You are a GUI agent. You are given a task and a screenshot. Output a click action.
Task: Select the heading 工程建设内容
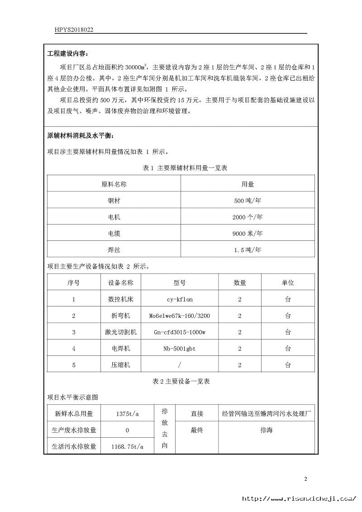[x=68, y=54]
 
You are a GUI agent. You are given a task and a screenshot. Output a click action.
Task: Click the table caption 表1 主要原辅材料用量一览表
[x=185, y=168]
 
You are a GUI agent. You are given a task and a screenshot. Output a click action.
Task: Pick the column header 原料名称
[x=114, y=184]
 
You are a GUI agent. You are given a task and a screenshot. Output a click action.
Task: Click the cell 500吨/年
[x=247, y=201]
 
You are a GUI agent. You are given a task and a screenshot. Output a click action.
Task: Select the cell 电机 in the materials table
[x=114, y=217]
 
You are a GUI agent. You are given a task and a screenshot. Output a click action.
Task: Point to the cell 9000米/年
[x=247, y=234]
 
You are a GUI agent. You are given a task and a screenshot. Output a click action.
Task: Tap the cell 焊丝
[x=114, y=249]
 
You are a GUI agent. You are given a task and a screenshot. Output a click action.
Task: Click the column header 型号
[x=179, y=282]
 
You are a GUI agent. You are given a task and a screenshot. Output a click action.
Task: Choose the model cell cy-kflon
[x=179, y=299]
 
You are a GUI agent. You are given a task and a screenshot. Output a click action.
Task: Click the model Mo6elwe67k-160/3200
[x=179, y=316]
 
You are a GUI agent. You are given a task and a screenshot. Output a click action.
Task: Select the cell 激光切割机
[x=120, y=332]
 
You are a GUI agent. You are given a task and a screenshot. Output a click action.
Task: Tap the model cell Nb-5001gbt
[x=179, y=349]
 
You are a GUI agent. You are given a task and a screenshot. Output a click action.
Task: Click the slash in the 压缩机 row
[x=179, y=365]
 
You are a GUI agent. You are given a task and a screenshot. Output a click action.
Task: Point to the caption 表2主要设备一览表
[x=181, y=382]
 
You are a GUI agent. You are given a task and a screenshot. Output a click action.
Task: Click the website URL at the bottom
[x=299, y=498]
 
